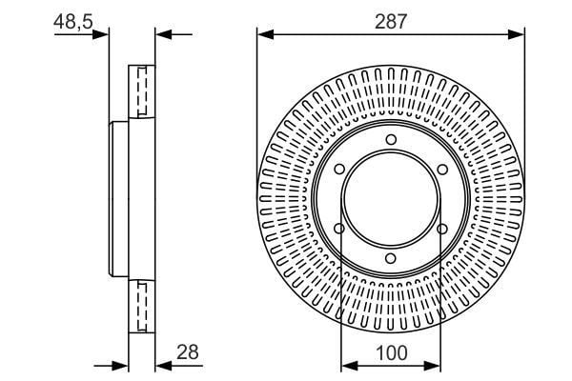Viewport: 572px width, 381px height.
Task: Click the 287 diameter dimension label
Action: click(x=390, y=22)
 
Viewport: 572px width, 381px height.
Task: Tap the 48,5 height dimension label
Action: click(x=73, y=22)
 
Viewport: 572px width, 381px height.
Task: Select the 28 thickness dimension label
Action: click(x=188, y=352)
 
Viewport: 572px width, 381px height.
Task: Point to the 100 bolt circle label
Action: click(x=391, y=353)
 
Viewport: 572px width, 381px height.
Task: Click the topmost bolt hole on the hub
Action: click(x=391, y=140)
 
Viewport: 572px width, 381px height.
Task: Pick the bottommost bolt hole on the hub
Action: click(x=390, y=259)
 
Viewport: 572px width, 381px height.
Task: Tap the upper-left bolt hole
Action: click(x=339, y=170)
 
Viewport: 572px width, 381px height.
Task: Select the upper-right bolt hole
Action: click(x=442, y=170)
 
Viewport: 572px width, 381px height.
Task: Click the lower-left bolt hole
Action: click(x=339, y=229)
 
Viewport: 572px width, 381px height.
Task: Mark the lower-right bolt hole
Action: click(x=442, y=229)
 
